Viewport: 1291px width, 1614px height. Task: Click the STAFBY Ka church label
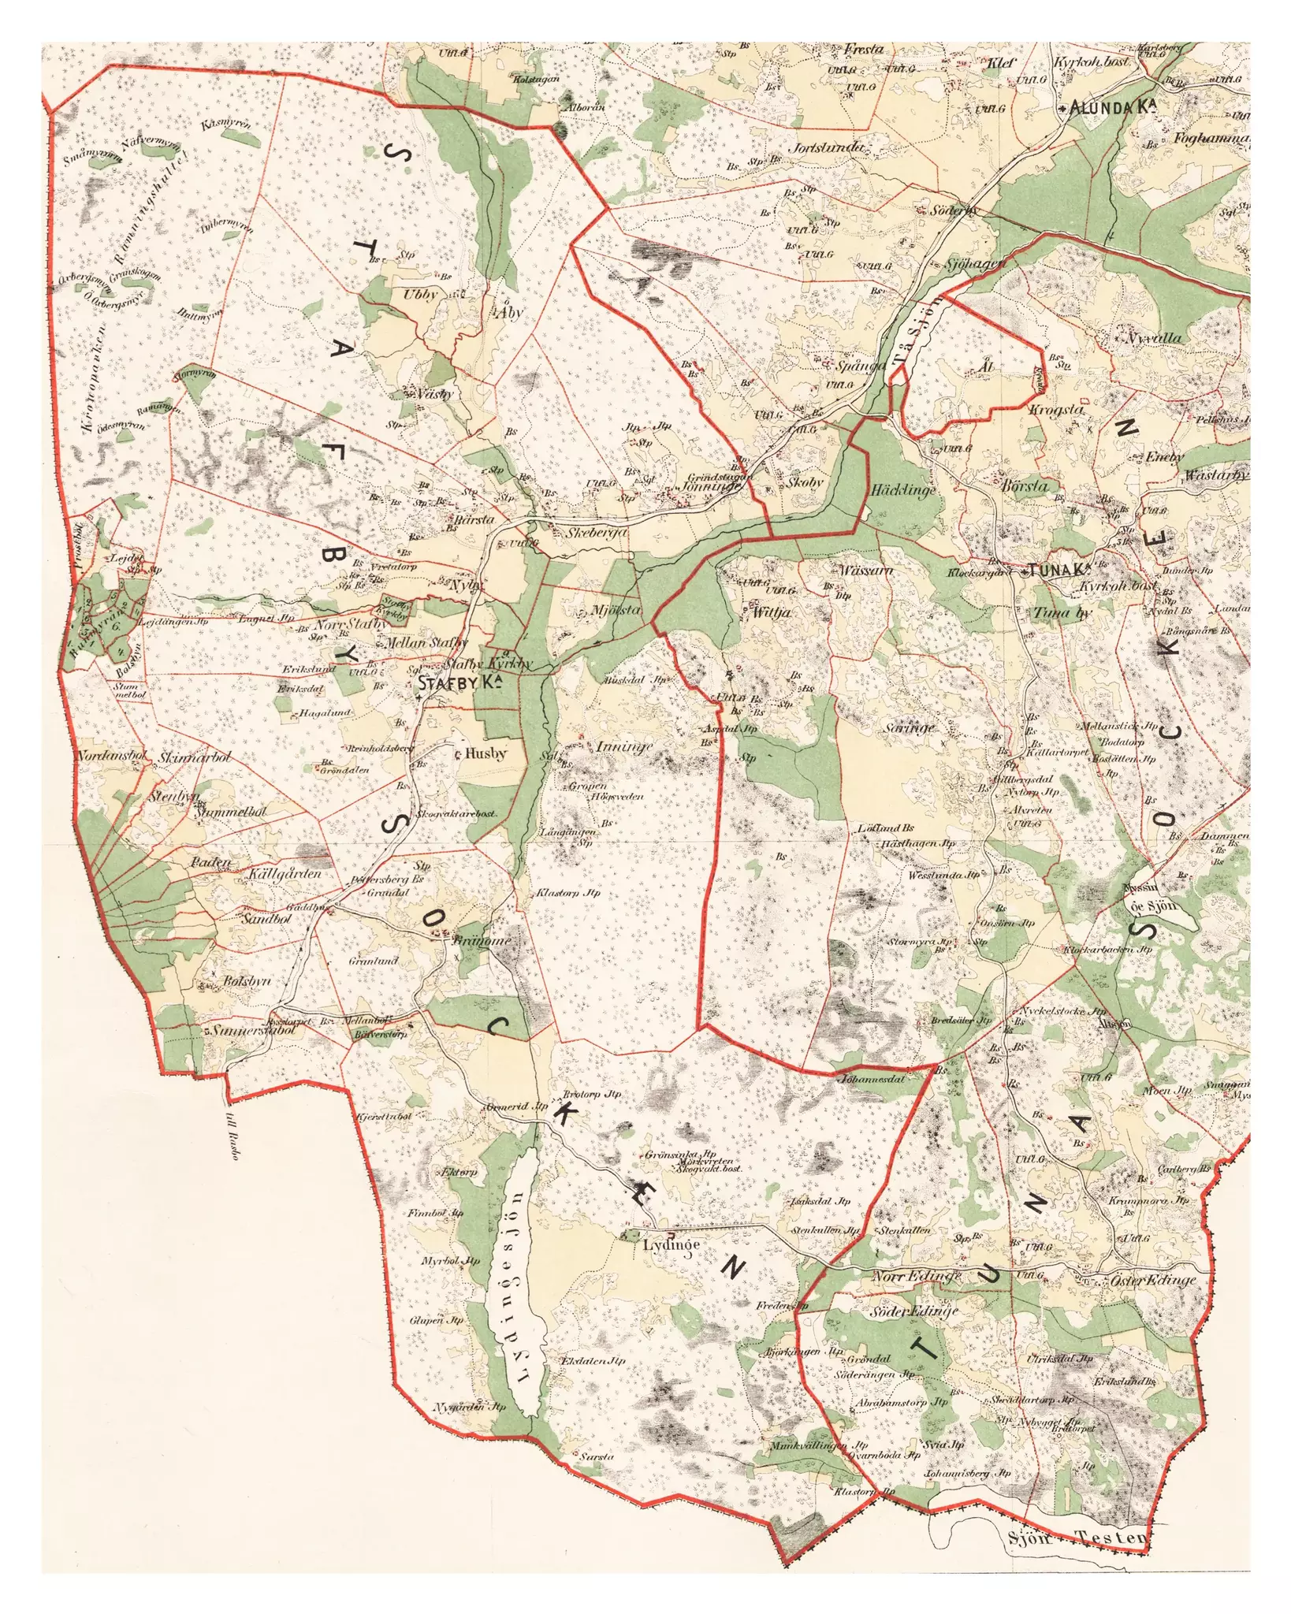[x=461, y=683]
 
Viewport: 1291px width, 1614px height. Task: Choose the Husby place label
[x=485, y=753]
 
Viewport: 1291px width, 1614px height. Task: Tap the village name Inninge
[x=624, y=746]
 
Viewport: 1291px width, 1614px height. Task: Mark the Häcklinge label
[x=903, y=490]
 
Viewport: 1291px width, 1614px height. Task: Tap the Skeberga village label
[x=597, y=534]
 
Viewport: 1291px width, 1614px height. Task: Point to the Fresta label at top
[x=864, y=50]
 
